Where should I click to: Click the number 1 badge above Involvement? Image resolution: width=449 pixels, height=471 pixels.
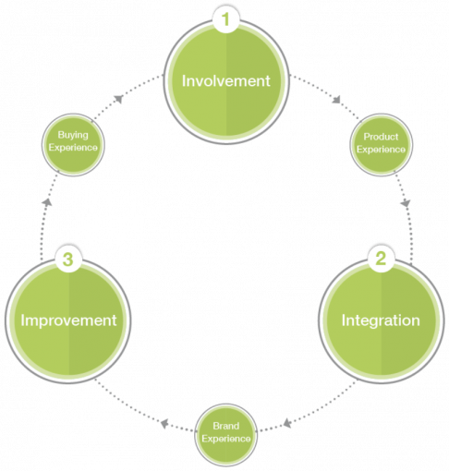(x=225, y=19)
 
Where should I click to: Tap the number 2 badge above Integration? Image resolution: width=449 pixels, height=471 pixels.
(x=381, y=259)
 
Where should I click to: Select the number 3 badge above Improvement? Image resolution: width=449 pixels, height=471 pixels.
(x=68, y=260)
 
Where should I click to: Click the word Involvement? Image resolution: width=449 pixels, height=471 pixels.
(x=226, y=81)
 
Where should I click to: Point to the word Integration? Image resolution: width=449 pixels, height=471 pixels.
(x=381, y=320)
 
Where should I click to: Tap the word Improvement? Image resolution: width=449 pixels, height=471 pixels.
(x=68, y=320)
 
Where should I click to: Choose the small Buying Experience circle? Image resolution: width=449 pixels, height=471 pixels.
(x=73, y=145)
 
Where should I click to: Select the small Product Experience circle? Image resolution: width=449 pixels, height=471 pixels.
(x=381, y=145)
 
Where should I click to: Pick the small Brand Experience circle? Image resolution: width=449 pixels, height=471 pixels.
(x=226, y=435)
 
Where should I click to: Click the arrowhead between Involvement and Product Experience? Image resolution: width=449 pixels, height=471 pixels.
(x=336, y=99)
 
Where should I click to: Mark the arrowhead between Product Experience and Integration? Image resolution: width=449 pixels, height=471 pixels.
(x=406, y=203)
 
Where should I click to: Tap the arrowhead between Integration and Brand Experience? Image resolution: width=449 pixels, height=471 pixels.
(x=287, y=423)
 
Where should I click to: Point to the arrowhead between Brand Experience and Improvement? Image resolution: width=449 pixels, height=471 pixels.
(x=164, y=423)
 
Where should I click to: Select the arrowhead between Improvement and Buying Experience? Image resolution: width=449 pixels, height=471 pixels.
(x=47, y=202)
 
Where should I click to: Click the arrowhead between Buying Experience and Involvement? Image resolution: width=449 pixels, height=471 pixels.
(x=118, y=99)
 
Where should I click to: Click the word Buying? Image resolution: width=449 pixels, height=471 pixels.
(x=73, y=135)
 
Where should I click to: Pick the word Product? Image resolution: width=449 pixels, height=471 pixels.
(x=381, y=137)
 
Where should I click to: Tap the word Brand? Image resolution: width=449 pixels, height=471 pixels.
(x=226, y=426)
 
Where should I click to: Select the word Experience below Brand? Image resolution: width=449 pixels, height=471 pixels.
(x=226, y=439)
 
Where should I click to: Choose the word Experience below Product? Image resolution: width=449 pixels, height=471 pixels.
(x=381, y=150)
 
